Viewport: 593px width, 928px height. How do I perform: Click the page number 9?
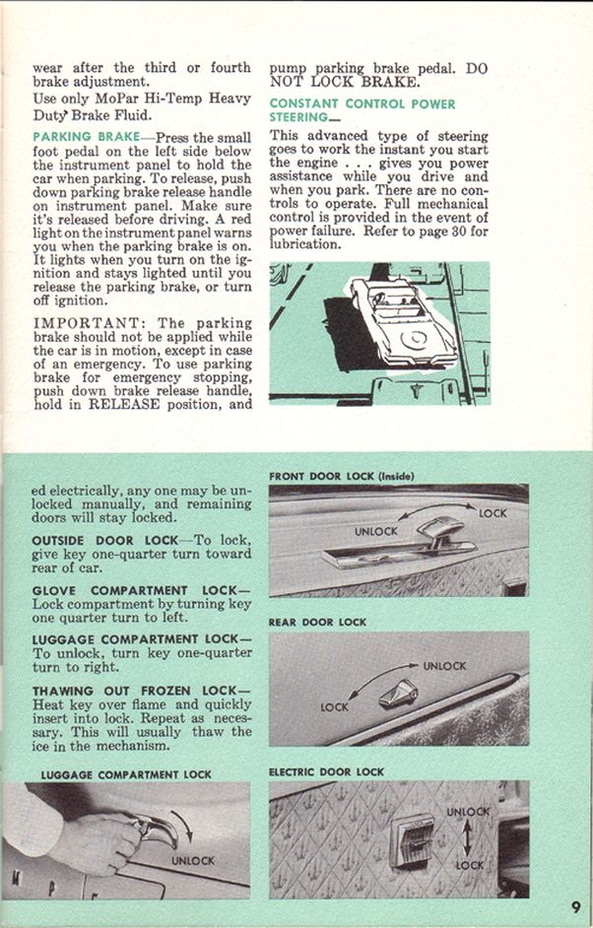pyautogui.click(x=576, y=906)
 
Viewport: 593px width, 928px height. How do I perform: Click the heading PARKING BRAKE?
pyautogui.click(x=87, y=137)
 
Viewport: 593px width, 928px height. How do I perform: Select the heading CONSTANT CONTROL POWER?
pyautogui.click(x=362, y=104)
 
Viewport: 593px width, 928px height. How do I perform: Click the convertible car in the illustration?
pyautogui.click(x=403, y=321)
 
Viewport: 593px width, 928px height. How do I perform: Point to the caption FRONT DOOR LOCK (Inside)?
pyautogui.click(x=342, y=477)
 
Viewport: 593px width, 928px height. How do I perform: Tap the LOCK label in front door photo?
pyautogui.click(x=493, y=513)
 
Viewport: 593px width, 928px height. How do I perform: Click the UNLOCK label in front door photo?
pyautogui.click(x=376, y=531)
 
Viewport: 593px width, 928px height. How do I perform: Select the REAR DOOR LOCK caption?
pyautogui.click(x=317, y=623)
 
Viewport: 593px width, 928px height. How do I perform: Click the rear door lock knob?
pyautogui.click(x=398, y=693)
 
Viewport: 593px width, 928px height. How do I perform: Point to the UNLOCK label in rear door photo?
pyautogui.click(x=444, y=666)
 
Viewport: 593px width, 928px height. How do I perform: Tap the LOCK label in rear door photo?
pyautogui.click(x=334, y=707)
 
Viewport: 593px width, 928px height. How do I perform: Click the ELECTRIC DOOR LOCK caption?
pyautogui.click(x=326, y=772)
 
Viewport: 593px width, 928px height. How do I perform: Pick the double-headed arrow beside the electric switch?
pyautogui.click(x=467, y=839)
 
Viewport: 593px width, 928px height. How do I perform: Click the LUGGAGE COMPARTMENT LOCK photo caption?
pyautogui.click(x=126, y=774)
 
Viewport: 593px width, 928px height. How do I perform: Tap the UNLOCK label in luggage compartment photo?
pyautogui.click(x=193, y=861)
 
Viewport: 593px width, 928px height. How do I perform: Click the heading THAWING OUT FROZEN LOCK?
pyautogui.click(x=141, y=691)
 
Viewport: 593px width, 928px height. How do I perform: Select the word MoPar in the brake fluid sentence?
pyautogui.click(x=117, y=99)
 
